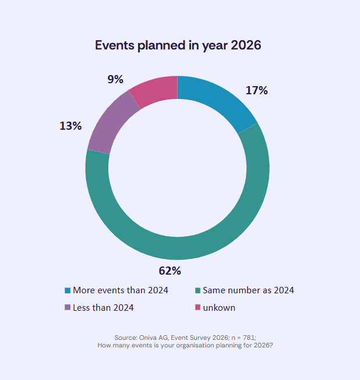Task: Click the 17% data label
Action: point(256,90)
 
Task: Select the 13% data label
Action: point(70,125)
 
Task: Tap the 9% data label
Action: point(116,79)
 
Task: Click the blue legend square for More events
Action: point(68,290)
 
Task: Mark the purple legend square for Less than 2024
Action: point(68,307)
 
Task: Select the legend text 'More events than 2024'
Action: point(121,290)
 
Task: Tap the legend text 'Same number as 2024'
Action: point(248,290)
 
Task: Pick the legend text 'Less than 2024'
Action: point(103,307)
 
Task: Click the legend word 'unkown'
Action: point(219,307)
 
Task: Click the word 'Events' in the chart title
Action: point(115,45)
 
